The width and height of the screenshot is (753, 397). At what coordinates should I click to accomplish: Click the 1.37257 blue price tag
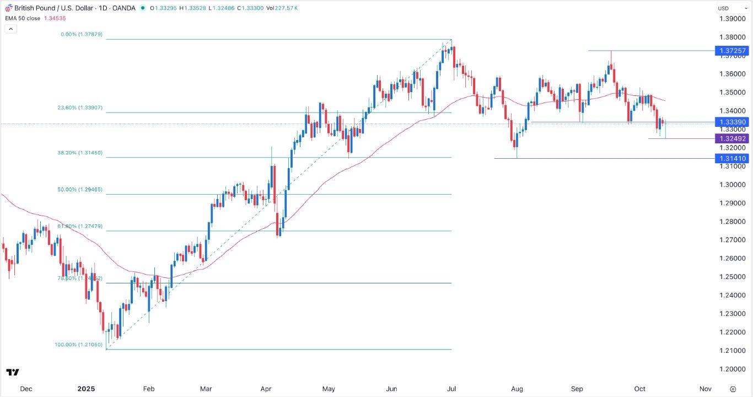[x=732, y=51]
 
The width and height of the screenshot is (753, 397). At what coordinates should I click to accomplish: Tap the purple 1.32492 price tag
[x=732, y=138]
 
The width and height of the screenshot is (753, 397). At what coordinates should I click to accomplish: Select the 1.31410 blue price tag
[x=732, y=159]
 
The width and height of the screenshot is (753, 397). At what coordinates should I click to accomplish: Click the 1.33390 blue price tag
[x=732, y=122]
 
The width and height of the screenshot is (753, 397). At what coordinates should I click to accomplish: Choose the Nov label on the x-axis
[x=705, y=389]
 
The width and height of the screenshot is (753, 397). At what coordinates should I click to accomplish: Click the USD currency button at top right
[x=723, y=8]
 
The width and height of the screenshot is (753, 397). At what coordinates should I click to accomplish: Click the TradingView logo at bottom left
[x=13, y=372]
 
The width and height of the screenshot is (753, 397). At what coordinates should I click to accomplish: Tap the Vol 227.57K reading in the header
[x=292, y=8]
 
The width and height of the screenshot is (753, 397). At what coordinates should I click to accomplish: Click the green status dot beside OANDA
[x=143, y=8]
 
